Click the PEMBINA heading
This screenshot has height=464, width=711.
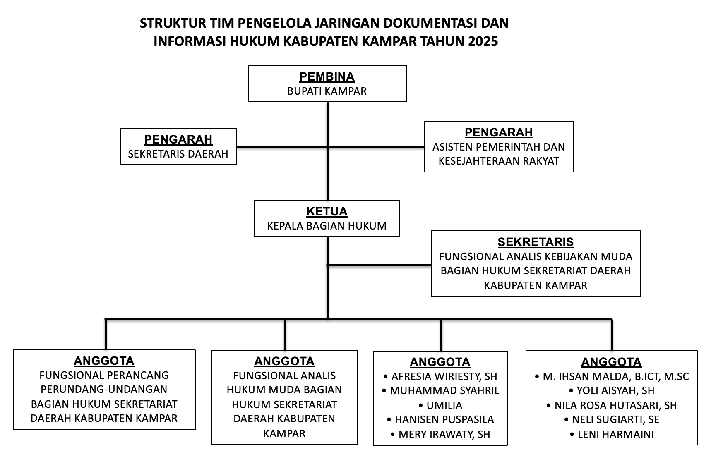[327, 77]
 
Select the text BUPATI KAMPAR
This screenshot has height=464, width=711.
[327, 91]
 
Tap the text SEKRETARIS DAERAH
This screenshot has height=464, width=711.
[178, 154]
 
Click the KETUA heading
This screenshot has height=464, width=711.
[327, 211]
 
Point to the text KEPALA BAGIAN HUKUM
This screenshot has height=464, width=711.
[327, 226]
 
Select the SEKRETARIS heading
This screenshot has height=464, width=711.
[536, 242]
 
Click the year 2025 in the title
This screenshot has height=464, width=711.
[483, 41]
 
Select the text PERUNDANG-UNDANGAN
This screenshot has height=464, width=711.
[104, 389]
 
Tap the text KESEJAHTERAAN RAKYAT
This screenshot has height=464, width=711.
[499, 161]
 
